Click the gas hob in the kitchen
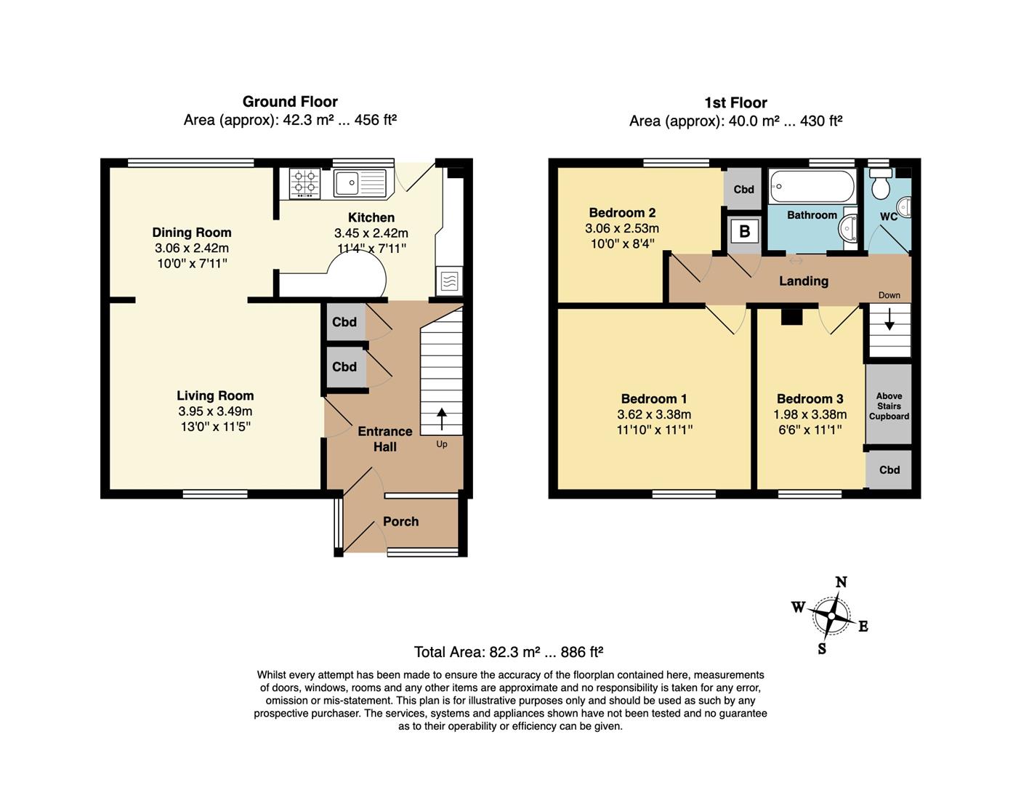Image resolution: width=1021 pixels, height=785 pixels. point(304,183)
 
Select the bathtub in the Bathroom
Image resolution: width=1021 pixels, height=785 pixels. point(812,186)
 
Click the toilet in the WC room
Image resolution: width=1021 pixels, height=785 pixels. point(881,185)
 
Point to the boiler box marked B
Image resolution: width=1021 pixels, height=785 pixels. point(744,232)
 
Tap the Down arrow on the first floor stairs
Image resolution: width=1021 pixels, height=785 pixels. point(889,320)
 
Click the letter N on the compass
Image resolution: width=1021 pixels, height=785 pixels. point(841,581)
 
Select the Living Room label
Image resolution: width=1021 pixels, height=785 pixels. point(215,395)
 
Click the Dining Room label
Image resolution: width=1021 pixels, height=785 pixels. point(192,233)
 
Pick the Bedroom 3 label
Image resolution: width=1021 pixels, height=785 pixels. point(810,398)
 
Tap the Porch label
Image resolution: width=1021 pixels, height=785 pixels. point(400,521)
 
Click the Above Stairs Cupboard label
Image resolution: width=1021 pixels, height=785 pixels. point(889,406)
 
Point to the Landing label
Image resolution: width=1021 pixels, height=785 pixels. point(803,281)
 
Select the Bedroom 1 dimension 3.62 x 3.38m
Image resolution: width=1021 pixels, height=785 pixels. point(654,414)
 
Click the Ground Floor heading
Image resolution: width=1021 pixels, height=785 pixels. point(290,102)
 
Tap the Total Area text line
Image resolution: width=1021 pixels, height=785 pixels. point(509,652)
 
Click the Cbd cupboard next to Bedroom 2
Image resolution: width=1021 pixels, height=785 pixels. point(743,189)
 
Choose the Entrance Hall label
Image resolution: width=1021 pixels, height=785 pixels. point(384,439)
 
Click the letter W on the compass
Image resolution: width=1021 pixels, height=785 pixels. point(798,607)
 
